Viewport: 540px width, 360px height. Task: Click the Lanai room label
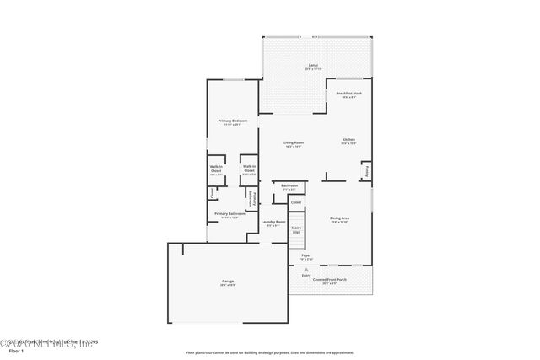click(x=312, y=66)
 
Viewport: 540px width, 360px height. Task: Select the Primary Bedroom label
click(x=232, y=121)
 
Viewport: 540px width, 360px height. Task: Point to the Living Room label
click(x=293, y=143)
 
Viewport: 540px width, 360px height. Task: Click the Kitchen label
click(x=348, y=141)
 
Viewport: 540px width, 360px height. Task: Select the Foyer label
click(x=306, y=255)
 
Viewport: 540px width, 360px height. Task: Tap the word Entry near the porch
click(x=305, y=276)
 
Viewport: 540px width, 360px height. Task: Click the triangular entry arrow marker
click(x=305, y=268)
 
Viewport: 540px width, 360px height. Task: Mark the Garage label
click(x=228, y=282)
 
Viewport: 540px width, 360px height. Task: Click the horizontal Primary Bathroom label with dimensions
click(x=229, y=215)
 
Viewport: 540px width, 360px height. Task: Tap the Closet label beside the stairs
click(x=295, y=202)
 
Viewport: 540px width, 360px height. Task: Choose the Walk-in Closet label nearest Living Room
click(x=249, y=169)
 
